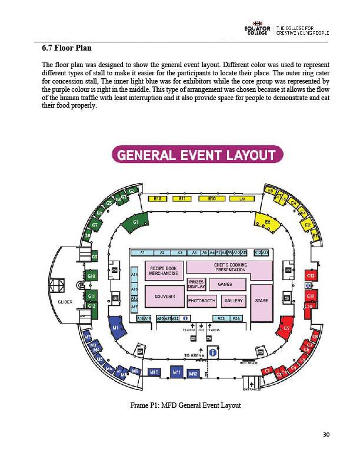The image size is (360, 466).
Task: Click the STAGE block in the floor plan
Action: (262, 301)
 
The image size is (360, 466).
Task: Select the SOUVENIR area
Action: (163, 297)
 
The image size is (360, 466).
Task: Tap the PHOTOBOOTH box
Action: (201, 301)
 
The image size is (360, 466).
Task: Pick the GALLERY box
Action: (234, 301)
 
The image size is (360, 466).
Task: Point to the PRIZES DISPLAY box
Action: (196, 285)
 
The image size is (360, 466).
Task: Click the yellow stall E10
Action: (212, 199)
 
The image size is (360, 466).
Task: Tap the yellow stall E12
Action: (158, 199)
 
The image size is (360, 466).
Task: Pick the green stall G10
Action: (91, 275)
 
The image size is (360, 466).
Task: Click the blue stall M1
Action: (116, 328)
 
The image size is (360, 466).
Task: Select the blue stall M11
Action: (176, 372)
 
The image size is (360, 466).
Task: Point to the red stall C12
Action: (311, 275)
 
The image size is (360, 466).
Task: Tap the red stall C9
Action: (286, 328)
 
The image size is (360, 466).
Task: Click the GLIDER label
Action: (65, 301)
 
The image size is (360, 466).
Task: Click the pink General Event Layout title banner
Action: (197, 155)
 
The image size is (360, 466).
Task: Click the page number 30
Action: (327, 435)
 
